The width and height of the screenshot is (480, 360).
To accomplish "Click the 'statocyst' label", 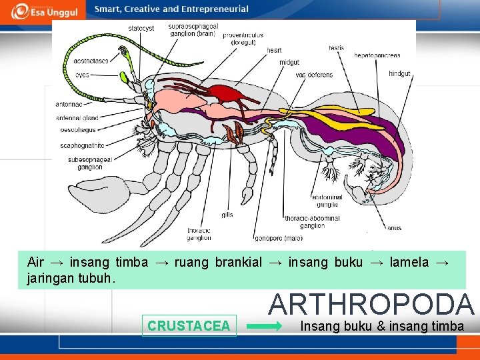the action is pyautogui.click(x=141, y=29).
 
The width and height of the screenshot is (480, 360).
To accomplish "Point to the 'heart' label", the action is pyautogui.click(x=274, y=50).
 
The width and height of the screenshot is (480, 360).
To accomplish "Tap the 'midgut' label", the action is pyautogui.click(x=289, y=62).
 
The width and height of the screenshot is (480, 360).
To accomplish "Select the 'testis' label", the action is pyautogui.click(x=336, y=47).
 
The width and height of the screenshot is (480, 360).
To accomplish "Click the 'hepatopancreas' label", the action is pyautogui.click(x=377, y=55).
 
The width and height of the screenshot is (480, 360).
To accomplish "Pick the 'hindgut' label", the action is pyautogui.click(x=399, y=73).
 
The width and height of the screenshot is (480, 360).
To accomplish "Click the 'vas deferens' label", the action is pyautogui.click(x=315, y=75).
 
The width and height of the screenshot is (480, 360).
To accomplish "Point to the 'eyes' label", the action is pyautogui.click(x=82, y=75).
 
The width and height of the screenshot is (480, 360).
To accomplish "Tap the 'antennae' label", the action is pyautogui.click(x=69, y=104).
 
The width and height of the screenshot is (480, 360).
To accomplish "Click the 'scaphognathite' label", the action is pyautogui.click(x=82, y=145).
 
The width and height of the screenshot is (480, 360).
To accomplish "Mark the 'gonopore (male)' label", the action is pyautogui.click(x=278, y=238).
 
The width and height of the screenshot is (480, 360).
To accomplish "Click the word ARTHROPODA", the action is pyautogui.click(x=371, y=304).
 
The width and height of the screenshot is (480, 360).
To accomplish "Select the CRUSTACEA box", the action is pyautogui.click(x=189, y=325).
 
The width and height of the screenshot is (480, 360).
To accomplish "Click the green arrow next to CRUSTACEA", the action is pyautogui.click(x=269, y=327).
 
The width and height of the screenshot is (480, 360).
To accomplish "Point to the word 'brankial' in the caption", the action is pyautogui.click(x=238, y=262).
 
